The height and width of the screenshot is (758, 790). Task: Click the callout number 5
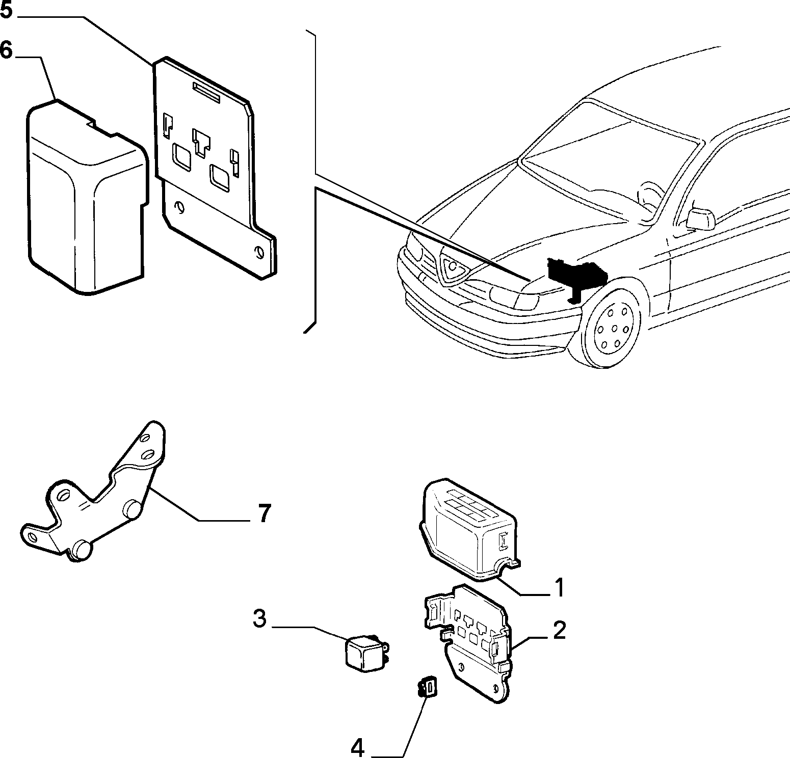pos(7,10)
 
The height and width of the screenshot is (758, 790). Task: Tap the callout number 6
pos(6,51)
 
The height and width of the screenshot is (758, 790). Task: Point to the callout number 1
pos(559,587)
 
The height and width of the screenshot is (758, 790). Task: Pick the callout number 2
pos(559,631)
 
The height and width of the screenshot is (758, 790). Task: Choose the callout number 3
pos(260,619)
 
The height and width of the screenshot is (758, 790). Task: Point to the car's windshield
pos(609,163)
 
